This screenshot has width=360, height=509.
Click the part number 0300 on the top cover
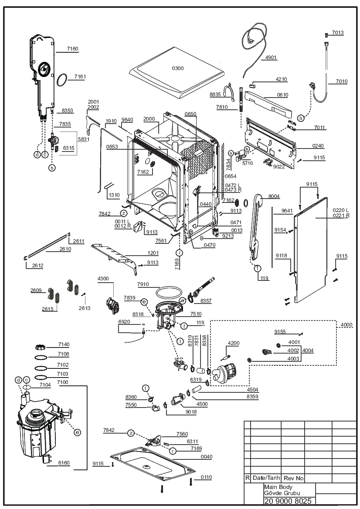pyautogui.click(x=178, y=68)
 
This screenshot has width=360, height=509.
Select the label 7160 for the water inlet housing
pyautogui.click(x=72, y=49)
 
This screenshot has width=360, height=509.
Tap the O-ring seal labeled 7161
pyautogui.click(x=62, y=80)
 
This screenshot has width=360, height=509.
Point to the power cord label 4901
pyautogui.click(x=271, y=57)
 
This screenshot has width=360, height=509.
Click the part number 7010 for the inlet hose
pyautogui.click(x=342, y=81)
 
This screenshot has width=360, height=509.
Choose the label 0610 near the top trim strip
pyautogui.click(x=282, y=95)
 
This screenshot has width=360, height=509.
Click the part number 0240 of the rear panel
pyautogui.click(x=318, y=146)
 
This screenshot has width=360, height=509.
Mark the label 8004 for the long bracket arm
pyautogui.click(x=274, y=196)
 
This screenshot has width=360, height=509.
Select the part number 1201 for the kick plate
pyautogui.click(x=153, y=253)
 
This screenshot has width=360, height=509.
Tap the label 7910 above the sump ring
pyautogui.click(x=143, y=284)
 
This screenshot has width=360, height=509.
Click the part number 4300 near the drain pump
pyautogui.click(x=103, y=279)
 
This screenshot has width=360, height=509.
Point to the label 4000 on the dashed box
pyautogui.click(x=346, y=325)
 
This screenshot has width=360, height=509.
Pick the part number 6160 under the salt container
pyautogui.click(x=64, y=463)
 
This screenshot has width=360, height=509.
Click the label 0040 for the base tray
pyautogui.click(x=206, y=457)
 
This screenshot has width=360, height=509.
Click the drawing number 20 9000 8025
pyautogui.click(x=288, y=501)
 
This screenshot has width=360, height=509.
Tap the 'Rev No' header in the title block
pyautogui.click(x=293, y=478)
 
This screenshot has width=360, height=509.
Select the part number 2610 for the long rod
pyautogui.click(x=65, y=249)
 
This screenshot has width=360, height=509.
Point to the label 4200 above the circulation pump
pyautogui.click(x=233, y=343)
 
